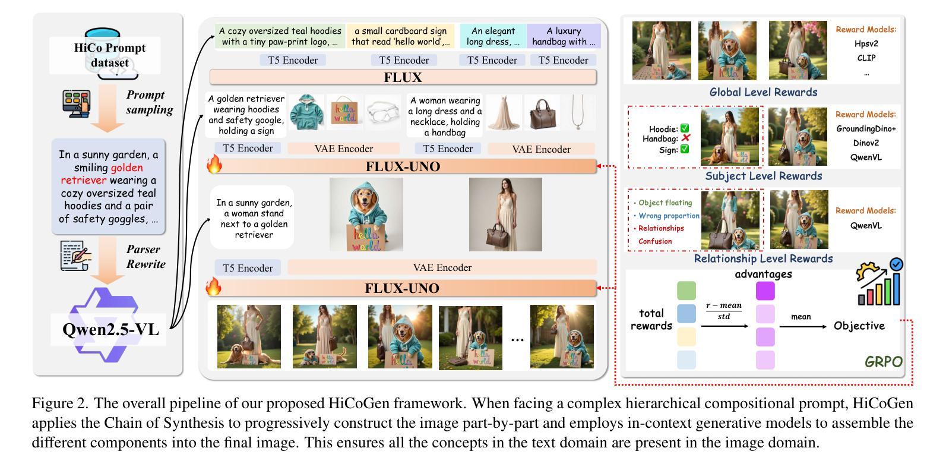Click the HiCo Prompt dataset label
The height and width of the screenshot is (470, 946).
(x=109, y=55)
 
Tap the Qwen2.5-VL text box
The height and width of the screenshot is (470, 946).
(x=111, y=329)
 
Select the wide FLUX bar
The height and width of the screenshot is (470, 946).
(x=403, y=77)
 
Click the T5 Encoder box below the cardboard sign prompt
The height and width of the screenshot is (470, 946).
(x=404, y=60)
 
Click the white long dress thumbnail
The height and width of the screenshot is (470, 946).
(x=504, y=112)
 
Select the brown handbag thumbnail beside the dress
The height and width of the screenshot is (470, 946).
(x=541, y=112)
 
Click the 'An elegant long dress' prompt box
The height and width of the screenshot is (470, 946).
(x=493, y=36)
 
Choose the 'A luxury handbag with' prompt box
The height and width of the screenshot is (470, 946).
(x=564, y=36)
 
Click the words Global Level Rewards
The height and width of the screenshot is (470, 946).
(x=763, y=92)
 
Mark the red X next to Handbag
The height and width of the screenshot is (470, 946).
(x=685, y=138)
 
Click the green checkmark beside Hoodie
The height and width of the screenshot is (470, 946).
(x=685, y=128)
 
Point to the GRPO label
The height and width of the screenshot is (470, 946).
(x=883, y=362)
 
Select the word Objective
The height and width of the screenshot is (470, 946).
(x=859, y=326)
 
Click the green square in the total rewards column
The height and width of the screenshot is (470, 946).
(x=686, y=291)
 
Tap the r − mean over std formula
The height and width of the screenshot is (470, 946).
(x=724, y=311)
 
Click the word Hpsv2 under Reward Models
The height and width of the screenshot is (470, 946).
(x=866, y=43)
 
